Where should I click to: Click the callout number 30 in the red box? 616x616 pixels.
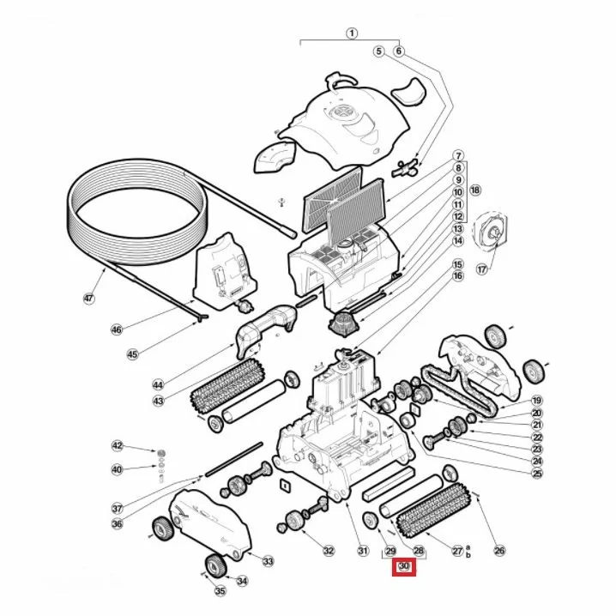[x=404, y=566]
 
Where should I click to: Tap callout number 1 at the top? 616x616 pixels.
[x=352, y=33]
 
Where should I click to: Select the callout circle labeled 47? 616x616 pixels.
[x=89, y=299]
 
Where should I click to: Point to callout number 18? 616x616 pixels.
[x=475, y=190]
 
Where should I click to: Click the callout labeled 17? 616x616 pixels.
[x=481, y=269]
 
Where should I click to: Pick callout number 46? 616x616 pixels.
[x=117, y=329]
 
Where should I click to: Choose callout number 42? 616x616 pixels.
[x=117, y=445]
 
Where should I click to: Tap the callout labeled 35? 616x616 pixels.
[x=220, y=590]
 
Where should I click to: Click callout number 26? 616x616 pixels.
[x=499, y=551]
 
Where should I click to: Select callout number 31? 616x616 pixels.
[x=363, y=551]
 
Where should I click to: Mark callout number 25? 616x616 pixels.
[x=537, y=473]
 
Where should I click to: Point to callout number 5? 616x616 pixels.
[x=378, y=51]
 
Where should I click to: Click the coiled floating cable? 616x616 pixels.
[x=136, y=211]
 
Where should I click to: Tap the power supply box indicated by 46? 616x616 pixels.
[x=224, y=272]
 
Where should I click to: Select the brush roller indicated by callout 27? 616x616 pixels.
[x=429, y=506]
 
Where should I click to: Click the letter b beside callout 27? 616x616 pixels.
[x=468, y=555]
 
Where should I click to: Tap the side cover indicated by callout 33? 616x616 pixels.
[x=210, y=522]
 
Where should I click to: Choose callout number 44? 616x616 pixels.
[x=158, y=384]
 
